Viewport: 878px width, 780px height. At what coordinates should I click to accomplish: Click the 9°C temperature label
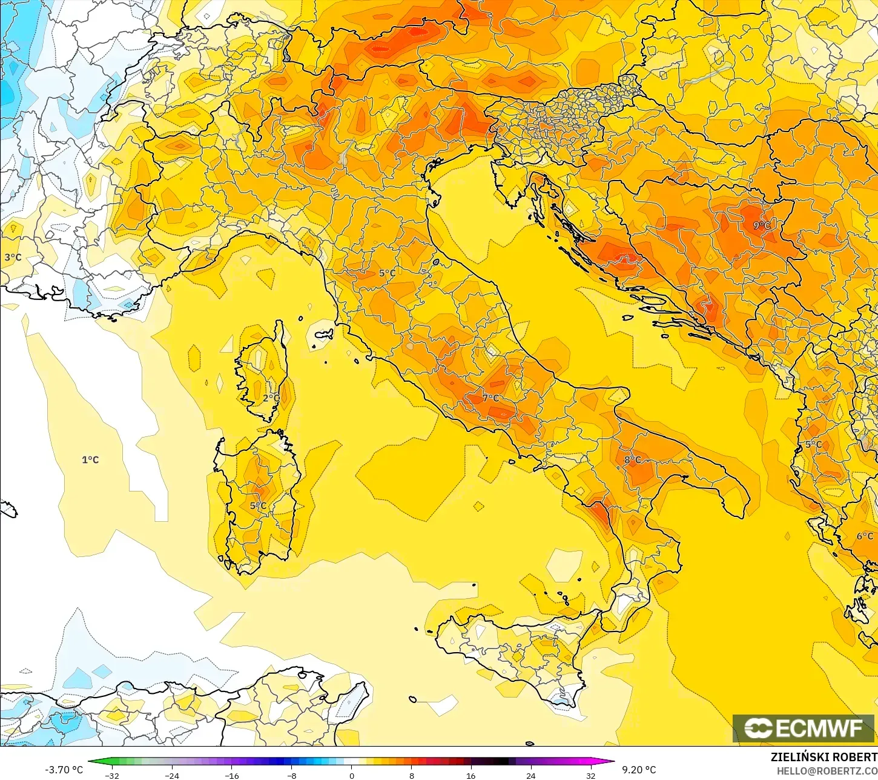pos(761,225)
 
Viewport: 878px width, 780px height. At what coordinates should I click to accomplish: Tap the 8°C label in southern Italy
pos(632,460)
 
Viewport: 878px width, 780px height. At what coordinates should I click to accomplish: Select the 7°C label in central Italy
pos(490,398)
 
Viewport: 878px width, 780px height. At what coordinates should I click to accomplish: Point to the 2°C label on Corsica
pos(271,398)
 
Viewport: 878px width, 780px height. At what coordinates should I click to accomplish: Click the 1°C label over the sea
pos(90,460)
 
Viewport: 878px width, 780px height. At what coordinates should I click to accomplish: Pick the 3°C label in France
pos(13,258)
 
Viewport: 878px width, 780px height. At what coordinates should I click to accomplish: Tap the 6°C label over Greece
pos(865,536)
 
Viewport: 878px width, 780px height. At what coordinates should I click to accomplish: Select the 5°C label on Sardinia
pos(258,506)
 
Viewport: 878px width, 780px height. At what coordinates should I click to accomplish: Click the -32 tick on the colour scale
pos(112,775)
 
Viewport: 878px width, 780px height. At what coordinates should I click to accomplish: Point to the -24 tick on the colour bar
pos(172,775)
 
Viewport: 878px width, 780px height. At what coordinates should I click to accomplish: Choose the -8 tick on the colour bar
pos(292,775)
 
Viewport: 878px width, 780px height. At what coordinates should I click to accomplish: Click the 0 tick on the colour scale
pos(351,775)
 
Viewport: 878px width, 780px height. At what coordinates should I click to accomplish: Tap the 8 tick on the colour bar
pos(411,775)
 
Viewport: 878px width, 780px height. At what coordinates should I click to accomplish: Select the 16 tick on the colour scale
pos(470,775)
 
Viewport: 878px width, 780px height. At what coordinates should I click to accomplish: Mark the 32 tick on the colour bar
pos(590,775)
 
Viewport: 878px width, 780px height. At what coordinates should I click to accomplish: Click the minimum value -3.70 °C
pos(64,770)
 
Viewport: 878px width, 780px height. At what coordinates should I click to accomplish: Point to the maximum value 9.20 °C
pos(639,770)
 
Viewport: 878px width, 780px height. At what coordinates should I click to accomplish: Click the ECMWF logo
pos(804,728)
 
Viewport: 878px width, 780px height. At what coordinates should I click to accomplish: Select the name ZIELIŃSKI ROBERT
pos(824,757)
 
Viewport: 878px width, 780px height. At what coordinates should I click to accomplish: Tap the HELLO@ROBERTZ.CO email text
pos(827,771)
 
